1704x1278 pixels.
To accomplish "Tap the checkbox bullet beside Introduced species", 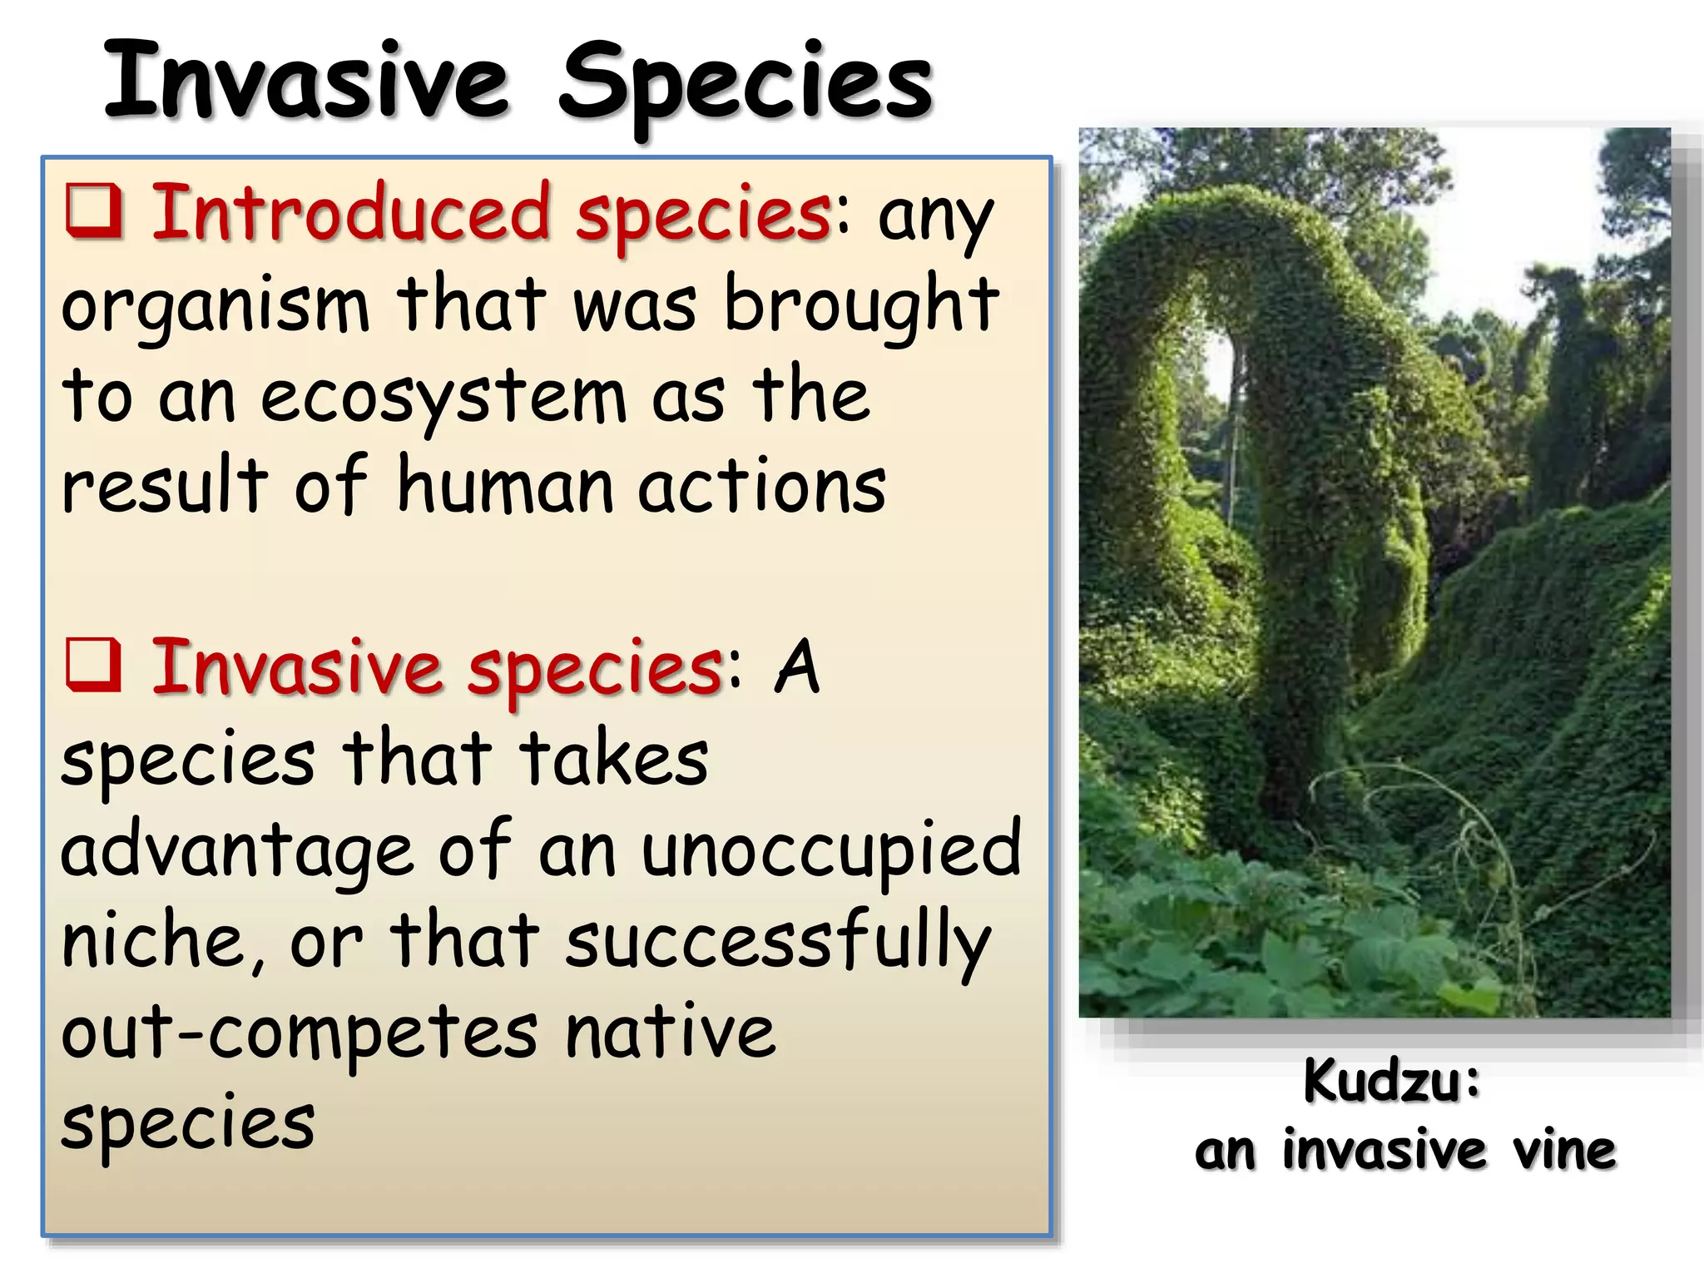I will click(x=94, y=211).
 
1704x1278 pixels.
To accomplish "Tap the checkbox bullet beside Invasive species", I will click(x=94, y=666).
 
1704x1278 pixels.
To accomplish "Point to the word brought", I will click(x=861, y=306).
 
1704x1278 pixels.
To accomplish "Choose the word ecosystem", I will click(x=443, y=399).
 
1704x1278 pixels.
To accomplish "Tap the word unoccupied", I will click(x=830, y=852).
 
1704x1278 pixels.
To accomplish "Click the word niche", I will click(x=160, y=942).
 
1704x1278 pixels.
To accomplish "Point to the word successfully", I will click(x=778, y=944).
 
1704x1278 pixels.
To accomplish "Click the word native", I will click(x=670, y=1033).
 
